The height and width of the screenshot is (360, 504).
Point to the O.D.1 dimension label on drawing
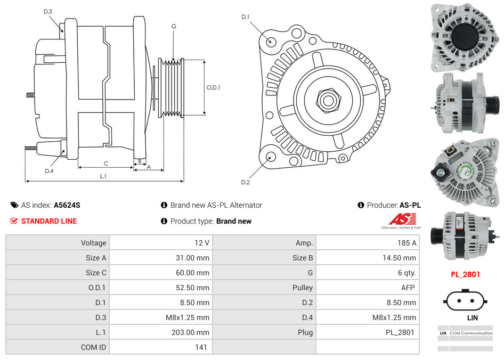pyautogui.click(x=213, y=87)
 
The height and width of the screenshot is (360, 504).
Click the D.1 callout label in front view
pyautogui.click(x=245, y=17)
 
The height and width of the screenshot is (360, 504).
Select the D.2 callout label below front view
pyautogui.click(x=245, y=183)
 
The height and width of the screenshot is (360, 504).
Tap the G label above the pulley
pyautogui.click(x=174, y=26)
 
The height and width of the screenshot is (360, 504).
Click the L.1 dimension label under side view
pyautogui.click(x=103, y=176)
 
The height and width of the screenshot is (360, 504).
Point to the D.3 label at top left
pyautogui.click(x=48, y=11)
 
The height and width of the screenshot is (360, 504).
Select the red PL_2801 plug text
pyautogui.click(x=465, y=274)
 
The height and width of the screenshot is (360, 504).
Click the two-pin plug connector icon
pyautogui.click(x=465, y=300)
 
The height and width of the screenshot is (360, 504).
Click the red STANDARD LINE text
pyautogui.click(x=48, y=221)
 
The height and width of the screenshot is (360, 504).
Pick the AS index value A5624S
pyautogui.click(x=67, y=205)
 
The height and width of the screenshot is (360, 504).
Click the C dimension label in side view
pyautogui.click(x=106, y=163)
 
